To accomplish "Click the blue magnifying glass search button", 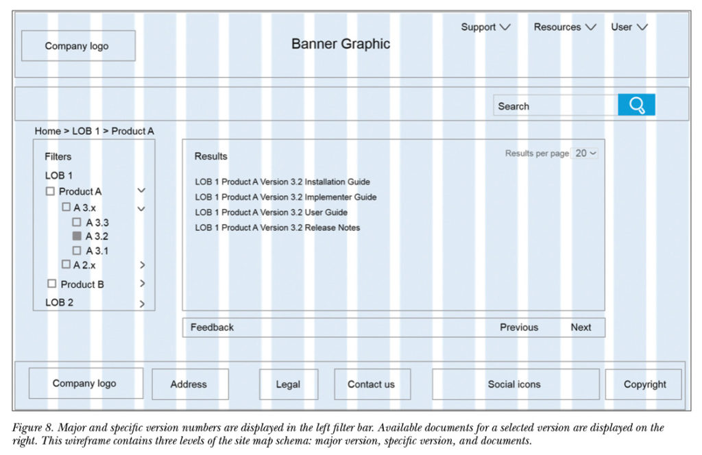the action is pyautogui.click(x=636, y=105).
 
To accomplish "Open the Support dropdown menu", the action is pyautogui.click(x=485, y=27).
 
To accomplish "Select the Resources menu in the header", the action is pyautogui.click(x=565, y=27).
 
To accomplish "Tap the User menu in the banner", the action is pyautogui.click(x=629, y=27).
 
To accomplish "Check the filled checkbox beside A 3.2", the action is pyautogui.click(x=77, y=236).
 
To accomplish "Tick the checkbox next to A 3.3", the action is pyautogui.click(x=77, y=222).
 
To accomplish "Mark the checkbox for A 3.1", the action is pyautogui.click(x=77, y=250).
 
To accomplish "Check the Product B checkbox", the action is pyautogui.click(x=52, y=284).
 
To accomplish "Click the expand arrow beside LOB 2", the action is pyautogui.click(x=142, y=304).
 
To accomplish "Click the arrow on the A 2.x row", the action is pyautogui.click(x=142, y=265).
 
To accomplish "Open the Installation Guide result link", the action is pyautogui.click(x=282, y=182).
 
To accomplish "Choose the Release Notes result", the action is pyautogui.click(x=277, y=227).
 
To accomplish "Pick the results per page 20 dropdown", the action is pyautogui.click(x=585, y=153).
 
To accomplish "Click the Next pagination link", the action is pyautogui.click(x=581, y=327).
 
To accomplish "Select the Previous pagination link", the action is pyautogui.click(x=519, y=327).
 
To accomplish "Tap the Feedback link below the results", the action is pyautogui.click(x=212, y=327).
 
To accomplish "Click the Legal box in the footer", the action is pyautogui.click(x=289, y=384).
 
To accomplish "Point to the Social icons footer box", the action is pyautogui.click(x=516, y=384).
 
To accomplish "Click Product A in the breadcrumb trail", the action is pyautogui.click(x=132, y=131).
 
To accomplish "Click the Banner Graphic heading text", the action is pyautogui.click(x=341, y=44).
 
